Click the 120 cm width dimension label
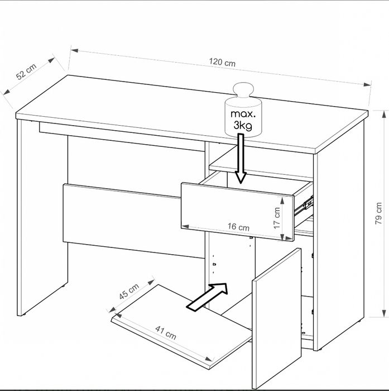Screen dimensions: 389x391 click(222, 62)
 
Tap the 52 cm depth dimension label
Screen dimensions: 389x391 click(26, 71)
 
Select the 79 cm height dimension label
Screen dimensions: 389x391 click(378, 213)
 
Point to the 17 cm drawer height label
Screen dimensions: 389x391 click(277, 218)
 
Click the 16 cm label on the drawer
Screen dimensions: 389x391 click(238, 227)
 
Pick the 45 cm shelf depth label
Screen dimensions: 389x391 click(129, 291)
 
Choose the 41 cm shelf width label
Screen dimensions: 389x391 click(166, 333)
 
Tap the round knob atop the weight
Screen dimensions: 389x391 click(243, 89)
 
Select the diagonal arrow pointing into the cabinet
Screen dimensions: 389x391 click(207, 297)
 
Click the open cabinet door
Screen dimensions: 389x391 click(277, 318)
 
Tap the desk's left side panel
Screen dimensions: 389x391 click(42, 217)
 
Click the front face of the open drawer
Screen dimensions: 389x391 click(238, 212)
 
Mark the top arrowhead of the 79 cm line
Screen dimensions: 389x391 click(384, 114)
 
